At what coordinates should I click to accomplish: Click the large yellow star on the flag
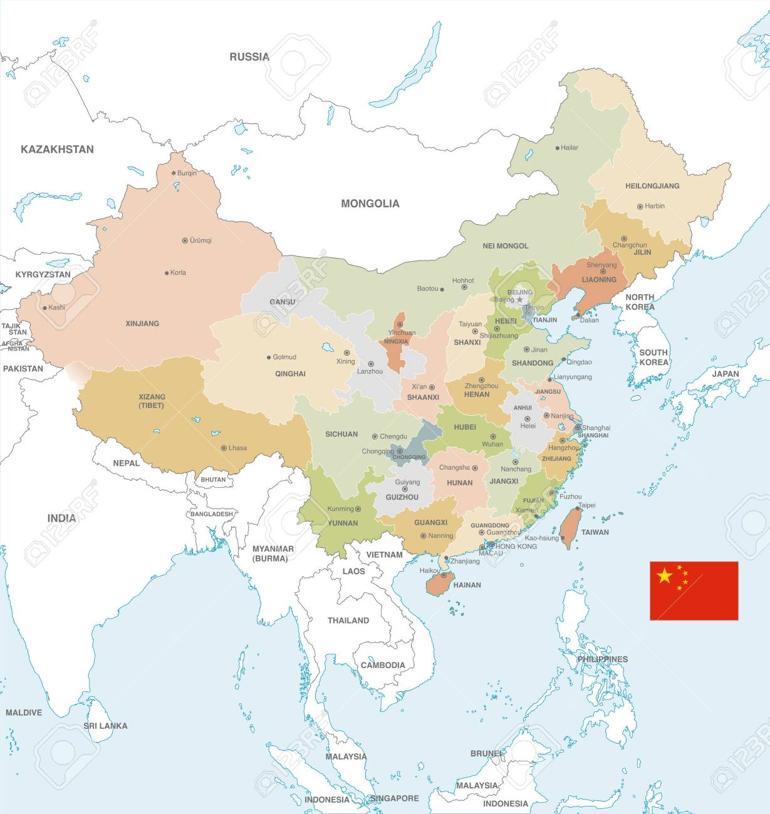click(664, 575)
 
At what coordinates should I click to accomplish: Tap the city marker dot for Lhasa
click(224, 448)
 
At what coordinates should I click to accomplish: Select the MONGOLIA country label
click(370, 203)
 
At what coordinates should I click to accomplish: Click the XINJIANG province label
click(142, 324)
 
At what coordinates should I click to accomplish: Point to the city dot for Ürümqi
click(185, 240)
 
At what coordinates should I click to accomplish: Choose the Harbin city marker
click(640, 206)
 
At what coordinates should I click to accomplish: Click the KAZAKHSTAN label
click(57, 149)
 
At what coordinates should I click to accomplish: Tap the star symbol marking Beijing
click(519, 300)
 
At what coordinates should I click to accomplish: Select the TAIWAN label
click(595, 532)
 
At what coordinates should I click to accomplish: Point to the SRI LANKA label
click(105, 726)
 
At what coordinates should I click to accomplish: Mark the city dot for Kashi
click(44, 307)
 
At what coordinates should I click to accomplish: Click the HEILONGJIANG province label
click(652, 186)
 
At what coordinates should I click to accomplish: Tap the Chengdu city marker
click(375, 436)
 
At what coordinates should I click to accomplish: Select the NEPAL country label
click(126, 463)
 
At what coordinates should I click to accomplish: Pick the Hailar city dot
click(557, 148)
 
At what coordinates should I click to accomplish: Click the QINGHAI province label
click(290, 374)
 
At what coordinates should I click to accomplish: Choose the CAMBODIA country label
click(383, 665)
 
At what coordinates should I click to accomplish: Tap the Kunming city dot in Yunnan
click(359, 509)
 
